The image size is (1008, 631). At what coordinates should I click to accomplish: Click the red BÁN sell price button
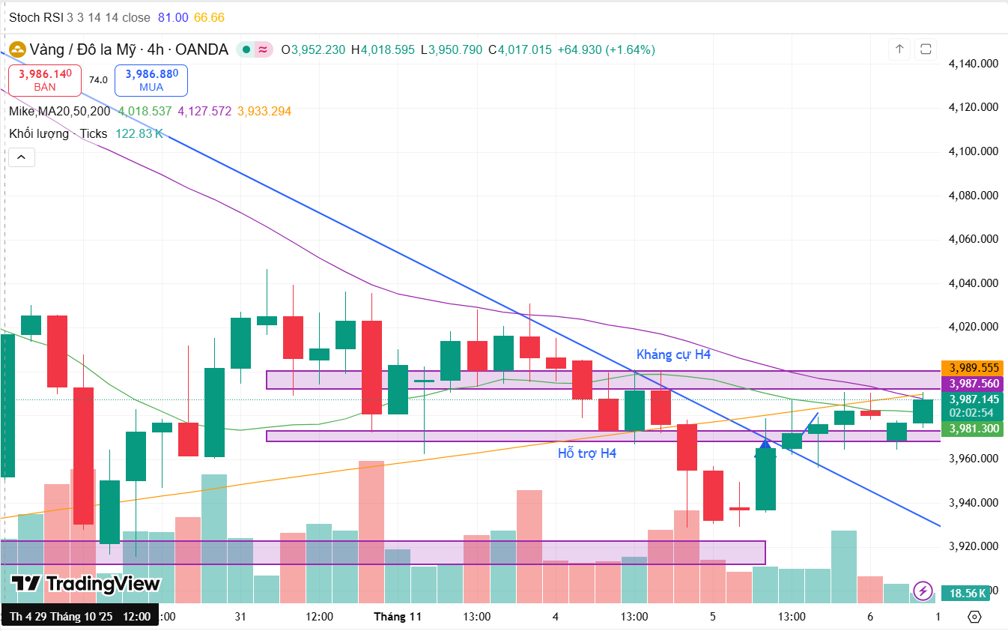pyautogui.click(x=45, y=79)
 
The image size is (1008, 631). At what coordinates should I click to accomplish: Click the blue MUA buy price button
pyautogui.click(x=151, y=79)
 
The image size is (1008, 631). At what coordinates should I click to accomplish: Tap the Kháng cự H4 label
pyautogui.click(x=673, y=354)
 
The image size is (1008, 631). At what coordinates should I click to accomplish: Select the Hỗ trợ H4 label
pyautogui.click(x=587, y=453)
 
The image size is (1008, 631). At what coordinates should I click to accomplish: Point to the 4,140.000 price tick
pyautogui.click(x=973, y=64)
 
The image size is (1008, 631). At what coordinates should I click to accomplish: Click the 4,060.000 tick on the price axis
pyautogui.click(x=973, y=239)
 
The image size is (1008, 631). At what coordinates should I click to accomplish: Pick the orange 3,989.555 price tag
pyautogui.click(x=974, y=368)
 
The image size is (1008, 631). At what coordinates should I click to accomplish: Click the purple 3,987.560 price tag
pyautogui.click(x=974, y=384)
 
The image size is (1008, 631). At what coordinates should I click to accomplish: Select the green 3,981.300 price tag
pyautogui.click(x=974, y=429)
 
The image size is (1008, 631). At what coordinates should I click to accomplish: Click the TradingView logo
pyautogui.click(x=85, y=584)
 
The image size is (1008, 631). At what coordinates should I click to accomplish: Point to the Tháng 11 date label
pyautogui.click(x=398, y=617)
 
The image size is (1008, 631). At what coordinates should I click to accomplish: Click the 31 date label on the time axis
pyautogui.click(x=240, y=617)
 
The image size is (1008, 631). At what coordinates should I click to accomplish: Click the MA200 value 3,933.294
pyautogui.click(x=264, y=111)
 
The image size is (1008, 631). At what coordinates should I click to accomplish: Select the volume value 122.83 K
pyautogui.click(x=139, y=133)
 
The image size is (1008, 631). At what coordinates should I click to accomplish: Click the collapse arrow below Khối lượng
pyautogui.click(x=22, y=157)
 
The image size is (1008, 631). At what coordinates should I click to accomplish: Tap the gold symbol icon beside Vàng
pyautogui.click(x=16, y=50)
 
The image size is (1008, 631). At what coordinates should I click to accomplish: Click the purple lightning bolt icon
pyautogui.click(x=924, y=591)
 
